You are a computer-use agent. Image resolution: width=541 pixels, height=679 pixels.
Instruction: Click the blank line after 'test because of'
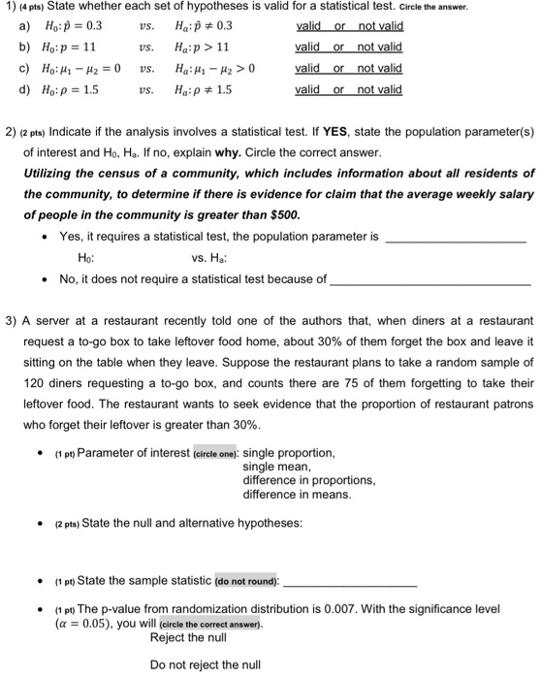click(430, 279)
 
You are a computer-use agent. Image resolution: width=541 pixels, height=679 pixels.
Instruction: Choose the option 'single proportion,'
click(289, 452)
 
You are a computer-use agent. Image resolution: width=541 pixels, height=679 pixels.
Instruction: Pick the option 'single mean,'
click(276, 466)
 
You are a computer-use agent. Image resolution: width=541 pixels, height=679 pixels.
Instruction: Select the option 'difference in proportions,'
click(308, 479)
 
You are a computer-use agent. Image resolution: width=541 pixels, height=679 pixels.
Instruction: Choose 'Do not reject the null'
click(205, 665)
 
